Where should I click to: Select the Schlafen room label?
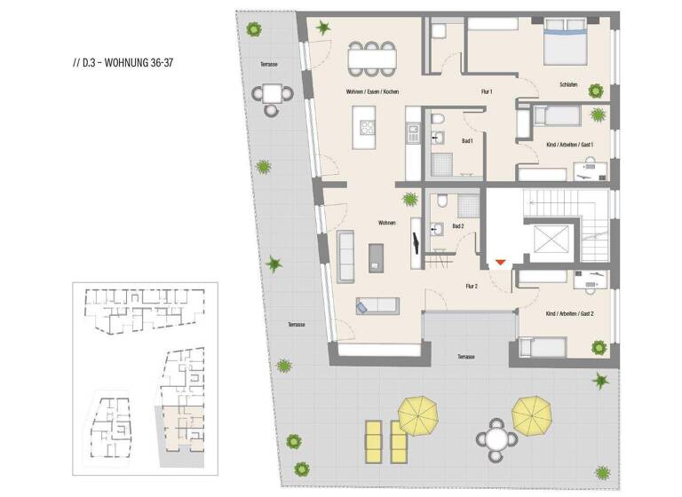[568, 84]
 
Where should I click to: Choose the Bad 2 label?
[458, 226]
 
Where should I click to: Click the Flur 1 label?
[487, 92]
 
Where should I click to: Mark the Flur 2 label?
[472, 286]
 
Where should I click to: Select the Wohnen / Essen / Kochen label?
[373, 92]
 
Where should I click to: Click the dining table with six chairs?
[373, 59]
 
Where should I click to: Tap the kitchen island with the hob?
[364, 128]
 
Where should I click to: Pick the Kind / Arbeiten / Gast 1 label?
[568, 144]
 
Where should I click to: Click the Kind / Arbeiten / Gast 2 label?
[568, 313]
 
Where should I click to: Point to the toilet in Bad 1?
[437, 121]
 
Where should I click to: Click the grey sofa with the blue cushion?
[377, 305]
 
